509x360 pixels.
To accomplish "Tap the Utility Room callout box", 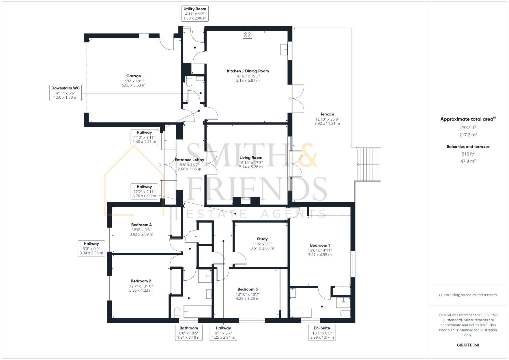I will tap(195, 13).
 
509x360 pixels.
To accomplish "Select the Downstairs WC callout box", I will tap(66, 93).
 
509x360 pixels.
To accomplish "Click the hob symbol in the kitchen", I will tap(247, 35).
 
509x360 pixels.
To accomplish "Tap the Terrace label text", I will tap(327, 114).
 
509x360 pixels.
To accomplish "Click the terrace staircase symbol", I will tap(368, 164).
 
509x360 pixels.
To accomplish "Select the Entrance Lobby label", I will tap(189, 160).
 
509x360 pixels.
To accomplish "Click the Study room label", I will tap(262, 239).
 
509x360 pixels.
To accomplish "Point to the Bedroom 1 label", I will tap(320, 245).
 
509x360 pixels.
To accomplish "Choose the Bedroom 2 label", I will tap(141, 281).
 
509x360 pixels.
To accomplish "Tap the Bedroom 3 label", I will tap(247, 289).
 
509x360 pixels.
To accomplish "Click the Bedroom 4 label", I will tap(141, 225).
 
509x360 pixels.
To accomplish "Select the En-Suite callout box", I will tap(322, 333).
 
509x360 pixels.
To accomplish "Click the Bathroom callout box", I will tap(189, 333).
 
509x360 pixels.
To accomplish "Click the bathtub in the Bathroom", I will tap(197, 311).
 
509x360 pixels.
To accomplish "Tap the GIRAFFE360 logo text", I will tap(468, 345).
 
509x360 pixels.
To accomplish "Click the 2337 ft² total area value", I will tap(468, 127).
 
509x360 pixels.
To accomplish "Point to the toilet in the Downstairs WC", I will tap(189, 81).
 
